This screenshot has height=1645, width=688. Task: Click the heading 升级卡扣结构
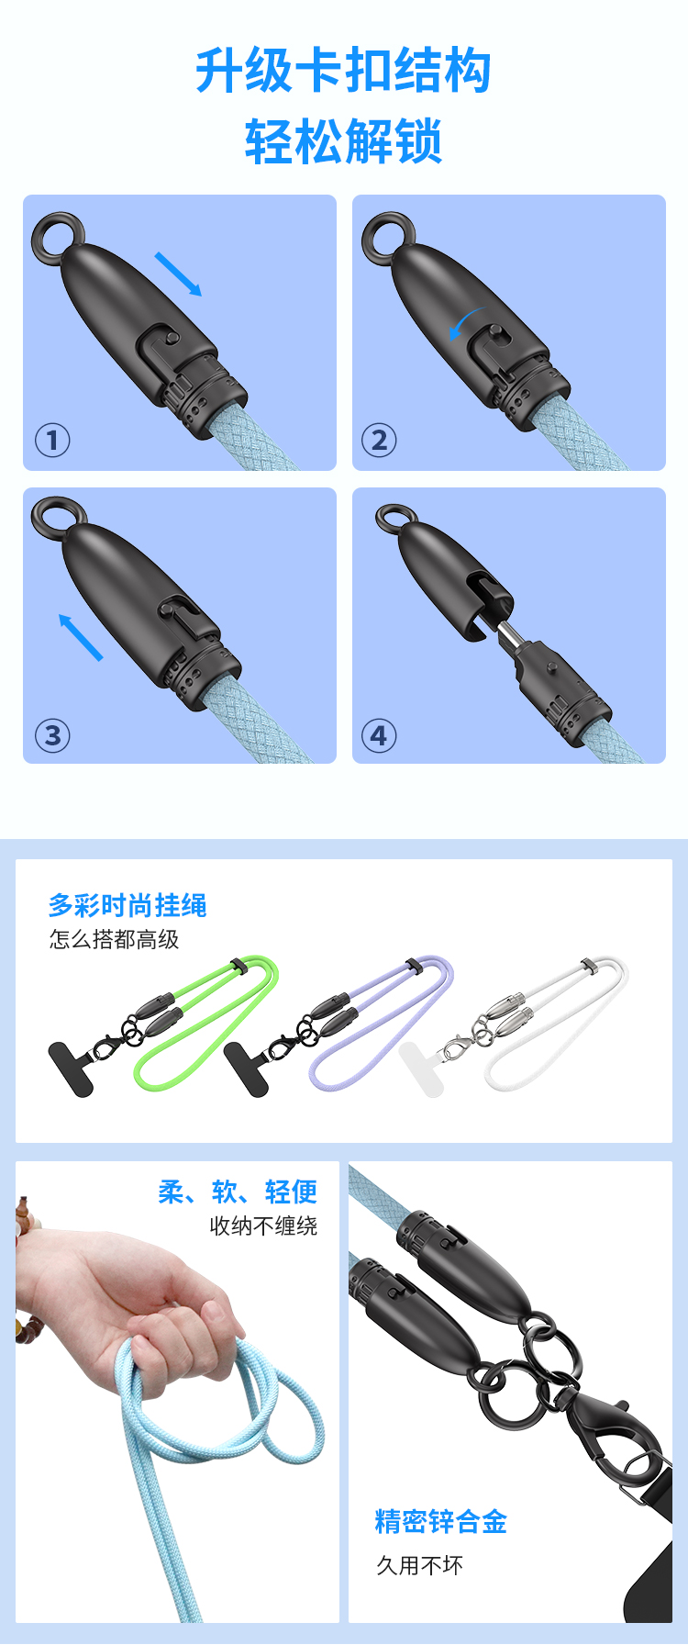click(x=343, y=71)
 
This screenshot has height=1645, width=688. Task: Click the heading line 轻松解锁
click(x=343, y=141)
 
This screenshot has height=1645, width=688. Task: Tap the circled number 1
click(x=52, y=441)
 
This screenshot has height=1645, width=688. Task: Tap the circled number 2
click(x=379, y=441)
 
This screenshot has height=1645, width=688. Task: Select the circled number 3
click(x=52, y=735)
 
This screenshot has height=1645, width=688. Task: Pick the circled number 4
click(x=379, y=735)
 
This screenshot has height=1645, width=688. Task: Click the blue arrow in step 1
click(x=178, y=274)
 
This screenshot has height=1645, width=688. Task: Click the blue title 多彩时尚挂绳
click(x=128, y=905)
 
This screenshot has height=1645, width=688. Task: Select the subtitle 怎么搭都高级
click(x=115, y=939)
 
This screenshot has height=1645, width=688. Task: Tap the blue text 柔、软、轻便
click(x=238, y=1192)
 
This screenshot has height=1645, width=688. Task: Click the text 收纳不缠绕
click(x=264, y=1225)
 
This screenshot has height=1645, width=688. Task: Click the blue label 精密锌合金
click(x=441, y=1521)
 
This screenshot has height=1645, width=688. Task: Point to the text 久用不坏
click(x=420, y=1565)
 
